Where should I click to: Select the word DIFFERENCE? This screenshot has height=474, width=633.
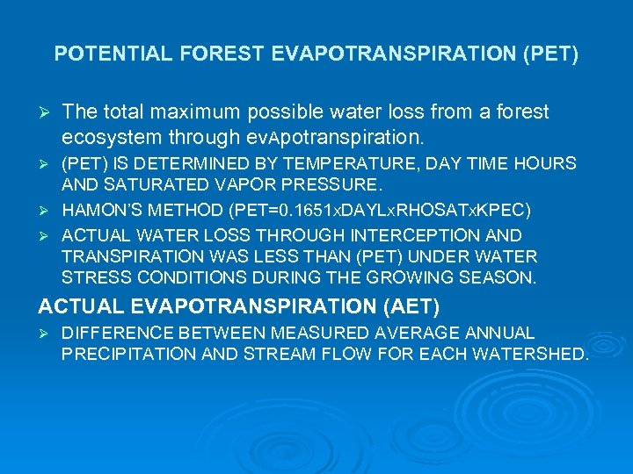(113, 334)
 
